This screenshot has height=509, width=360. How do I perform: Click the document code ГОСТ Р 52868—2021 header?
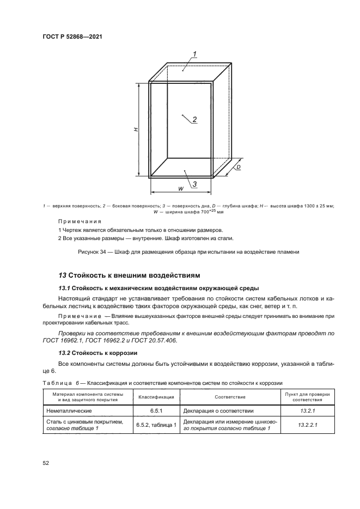pos(72,36)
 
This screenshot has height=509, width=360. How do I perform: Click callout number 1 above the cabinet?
pos(194,53)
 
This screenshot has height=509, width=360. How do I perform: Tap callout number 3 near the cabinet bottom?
pos(194,184)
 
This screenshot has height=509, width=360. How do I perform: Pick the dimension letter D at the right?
pos(238,168)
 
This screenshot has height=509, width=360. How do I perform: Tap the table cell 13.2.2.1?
pos(300,425)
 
